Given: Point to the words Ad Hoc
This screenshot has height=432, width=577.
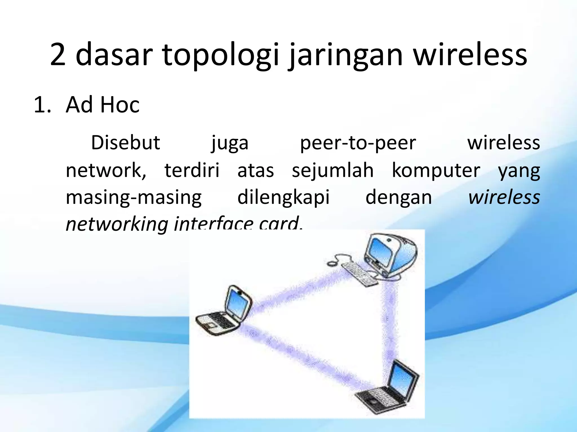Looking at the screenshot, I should (x=103, y=105).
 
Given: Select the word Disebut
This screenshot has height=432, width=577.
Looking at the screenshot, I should (x=126, y=143).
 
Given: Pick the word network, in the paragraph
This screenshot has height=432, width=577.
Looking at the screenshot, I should (x=106, y=170).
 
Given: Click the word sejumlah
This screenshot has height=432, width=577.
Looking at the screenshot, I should (x=333, y=170).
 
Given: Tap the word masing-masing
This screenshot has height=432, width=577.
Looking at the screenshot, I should (x=134, y=198).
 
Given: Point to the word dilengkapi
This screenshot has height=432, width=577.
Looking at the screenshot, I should (x=283, y=198).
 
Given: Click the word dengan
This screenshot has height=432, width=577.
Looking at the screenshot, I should (x=399, y=198).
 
